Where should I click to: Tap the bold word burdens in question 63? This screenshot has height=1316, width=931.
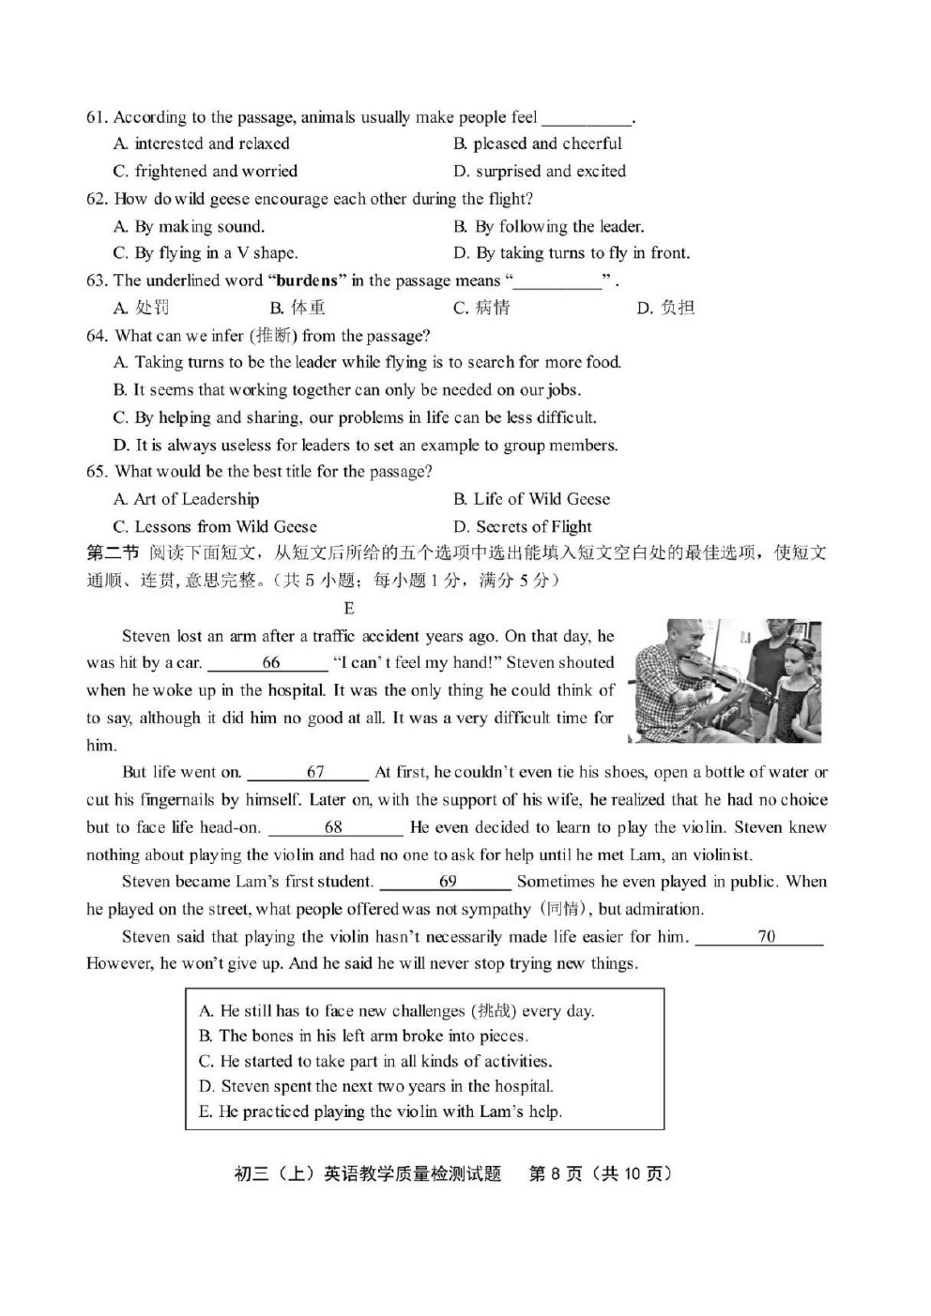point(307,280)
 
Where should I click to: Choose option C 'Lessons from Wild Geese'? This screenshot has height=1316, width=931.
point(215,526)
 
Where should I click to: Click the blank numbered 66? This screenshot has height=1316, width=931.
point(269,663)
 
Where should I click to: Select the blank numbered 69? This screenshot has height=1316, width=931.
point(447,882)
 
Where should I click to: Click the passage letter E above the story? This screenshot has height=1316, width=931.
point(349,608)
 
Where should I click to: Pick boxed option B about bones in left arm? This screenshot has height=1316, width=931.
point(363,1036)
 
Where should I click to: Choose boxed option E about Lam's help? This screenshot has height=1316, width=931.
point(379,1112)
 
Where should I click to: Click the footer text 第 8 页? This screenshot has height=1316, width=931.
point(556,1173)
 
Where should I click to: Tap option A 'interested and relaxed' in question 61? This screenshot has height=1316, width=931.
point(202,144)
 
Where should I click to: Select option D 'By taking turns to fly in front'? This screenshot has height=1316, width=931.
point(571,253)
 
